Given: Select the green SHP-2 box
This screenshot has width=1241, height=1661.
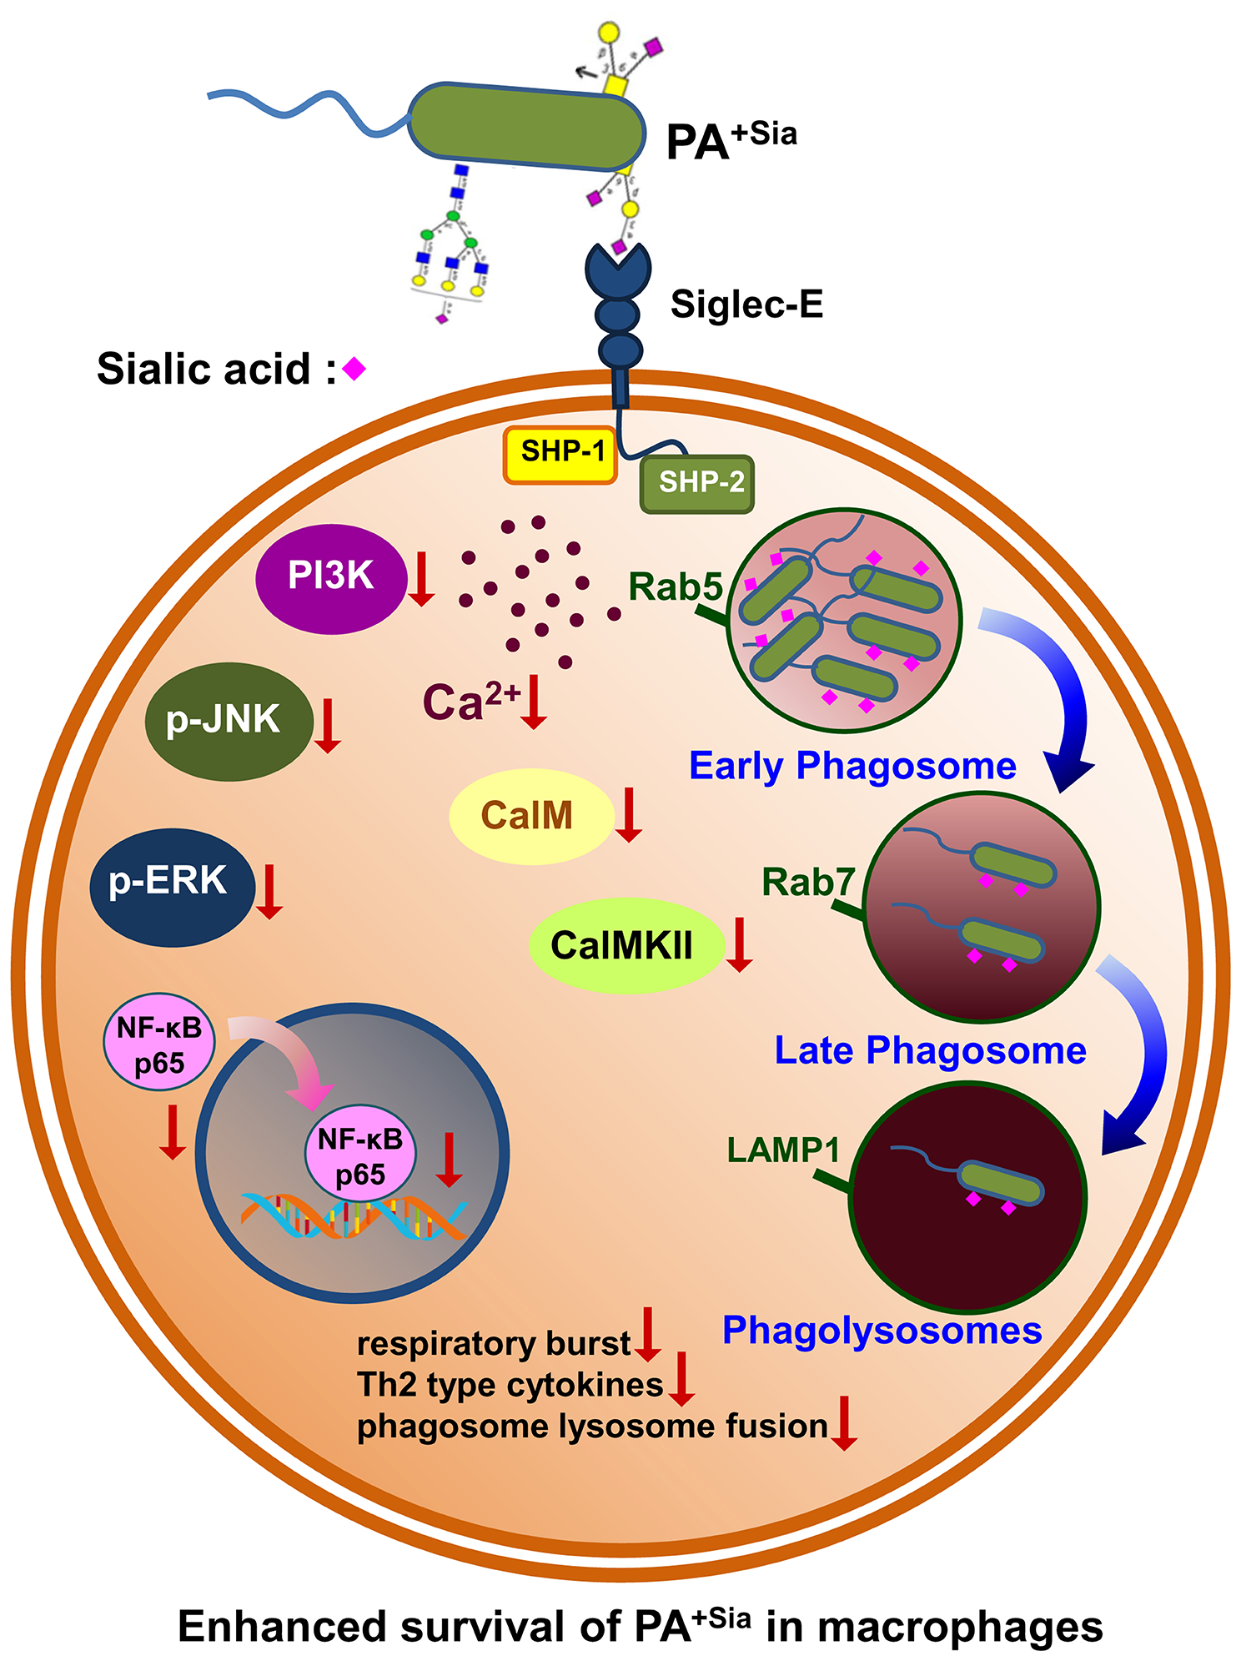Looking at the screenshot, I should pos(697,484).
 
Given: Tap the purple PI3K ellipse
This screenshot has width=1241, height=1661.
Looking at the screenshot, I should pos(330,577).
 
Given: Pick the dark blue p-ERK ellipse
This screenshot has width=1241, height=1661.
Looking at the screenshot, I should pos(171,886).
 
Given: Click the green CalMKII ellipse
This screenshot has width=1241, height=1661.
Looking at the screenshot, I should pos(624,945).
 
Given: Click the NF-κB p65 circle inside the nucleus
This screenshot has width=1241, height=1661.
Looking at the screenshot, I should pos(360,1155).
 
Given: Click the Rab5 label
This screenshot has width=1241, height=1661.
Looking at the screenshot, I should pos(675,586).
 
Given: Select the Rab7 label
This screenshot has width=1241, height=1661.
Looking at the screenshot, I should pos(807,882).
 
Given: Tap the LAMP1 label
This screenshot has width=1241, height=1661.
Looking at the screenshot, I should pos(782,1150).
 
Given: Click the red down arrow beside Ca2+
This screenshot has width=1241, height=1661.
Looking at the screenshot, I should pos(534,702).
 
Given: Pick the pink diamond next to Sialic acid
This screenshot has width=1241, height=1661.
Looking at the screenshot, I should pos(354,368).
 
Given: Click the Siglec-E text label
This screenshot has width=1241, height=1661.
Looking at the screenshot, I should pos(746,305).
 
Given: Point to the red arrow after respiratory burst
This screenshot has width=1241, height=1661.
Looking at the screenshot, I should pos(647,1335).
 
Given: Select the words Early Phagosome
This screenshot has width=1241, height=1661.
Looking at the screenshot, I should pos(852,766).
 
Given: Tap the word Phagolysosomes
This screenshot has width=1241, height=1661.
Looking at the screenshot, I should pos(882,1331).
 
